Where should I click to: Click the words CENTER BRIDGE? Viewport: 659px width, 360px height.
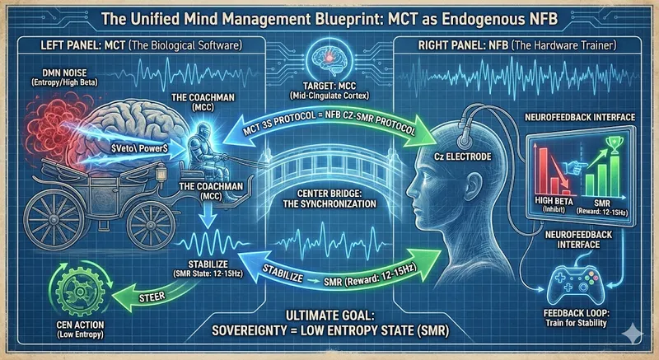pos(330,194)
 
